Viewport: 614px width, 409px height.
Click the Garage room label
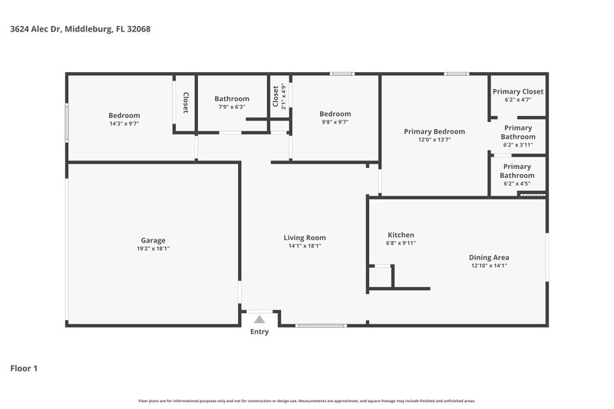point(152,240)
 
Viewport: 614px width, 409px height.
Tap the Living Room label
point(305,238)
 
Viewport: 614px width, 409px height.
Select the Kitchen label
point(401,235)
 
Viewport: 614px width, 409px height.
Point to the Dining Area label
point(489,258)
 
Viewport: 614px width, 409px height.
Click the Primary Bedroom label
point(434,131)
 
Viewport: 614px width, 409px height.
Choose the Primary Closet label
point(517,91)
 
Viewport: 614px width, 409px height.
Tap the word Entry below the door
point(259,332)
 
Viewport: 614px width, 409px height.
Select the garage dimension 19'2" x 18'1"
point(152,249)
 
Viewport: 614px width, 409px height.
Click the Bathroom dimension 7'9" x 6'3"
point(231,107)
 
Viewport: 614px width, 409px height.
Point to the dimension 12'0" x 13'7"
point(434,140)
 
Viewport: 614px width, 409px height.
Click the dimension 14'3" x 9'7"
point(124,124)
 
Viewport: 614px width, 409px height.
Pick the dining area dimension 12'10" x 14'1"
point(489,266)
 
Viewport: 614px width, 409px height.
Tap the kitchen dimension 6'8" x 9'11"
point(401,243)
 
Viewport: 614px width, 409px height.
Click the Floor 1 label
point(23,368)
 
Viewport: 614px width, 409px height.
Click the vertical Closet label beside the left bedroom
point(185,104)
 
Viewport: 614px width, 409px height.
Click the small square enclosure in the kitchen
point(380,276)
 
